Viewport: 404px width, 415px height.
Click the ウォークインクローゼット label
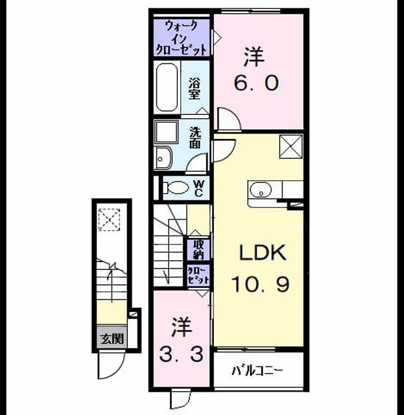(x=181, y=38)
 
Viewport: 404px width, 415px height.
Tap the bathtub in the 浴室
(x=167, y=88)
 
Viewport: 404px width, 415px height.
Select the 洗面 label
(x=195, y=137)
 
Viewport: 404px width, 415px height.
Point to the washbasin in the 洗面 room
(x=163, y=158)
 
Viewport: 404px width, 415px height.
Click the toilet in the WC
(x=176, y=187)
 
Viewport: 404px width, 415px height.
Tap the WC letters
(x=198, y=189)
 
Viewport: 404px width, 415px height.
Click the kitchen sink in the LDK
(x=261, y=190)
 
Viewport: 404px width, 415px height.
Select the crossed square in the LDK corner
(x=291, y=147)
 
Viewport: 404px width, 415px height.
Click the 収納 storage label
(x=198, y=249)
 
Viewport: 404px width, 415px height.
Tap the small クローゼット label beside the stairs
(x=198, y=275)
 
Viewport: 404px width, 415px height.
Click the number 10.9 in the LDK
(x=261, y=284)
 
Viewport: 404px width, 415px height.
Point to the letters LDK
(x=263, y=252)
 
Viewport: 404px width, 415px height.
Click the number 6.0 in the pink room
(x=256, y=82)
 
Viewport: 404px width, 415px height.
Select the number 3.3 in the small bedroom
(x=182, y=355)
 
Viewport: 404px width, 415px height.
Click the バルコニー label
(x=257, y=371)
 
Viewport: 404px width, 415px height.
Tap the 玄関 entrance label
(x=112, y=338)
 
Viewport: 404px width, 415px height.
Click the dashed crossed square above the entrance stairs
(x=110, y=220)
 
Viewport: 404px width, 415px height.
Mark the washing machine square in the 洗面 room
(x=167, y=132)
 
